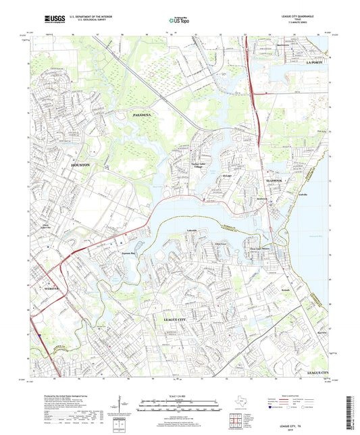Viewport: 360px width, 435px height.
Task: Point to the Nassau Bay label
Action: pos(130,253)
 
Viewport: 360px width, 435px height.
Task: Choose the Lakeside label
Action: pos(192,230)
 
